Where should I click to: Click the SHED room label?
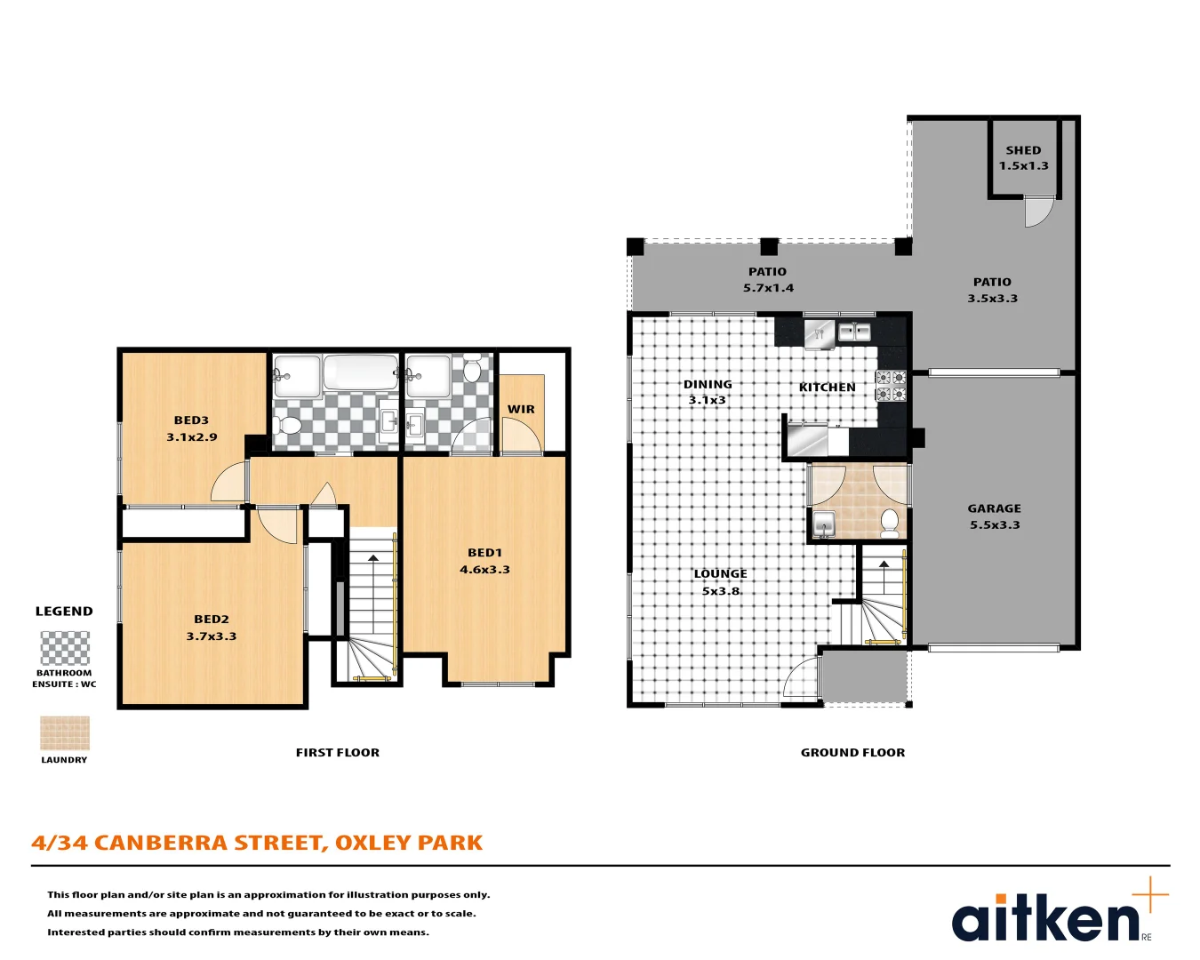(x=1023, y=150)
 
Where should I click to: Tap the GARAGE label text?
(x=994, y=508)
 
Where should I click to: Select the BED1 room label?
(x=484, y=553)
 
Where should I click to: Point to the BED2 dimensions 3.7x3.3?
(x=212, y=636)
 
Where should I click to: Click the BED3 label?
(x=191, y=420)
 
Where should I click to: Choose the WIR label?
(x=521, y=410)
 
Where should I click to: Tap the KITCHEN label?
(x=827, y=388)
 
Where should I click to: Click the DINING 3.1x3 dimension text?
(x=708, y=400)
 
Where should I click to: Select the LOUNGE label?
(x=720, y=574)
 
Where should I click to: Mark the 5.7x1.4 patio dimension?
(x=768, y=288)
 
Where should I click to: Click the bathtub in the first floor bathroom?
(x=360, y=372)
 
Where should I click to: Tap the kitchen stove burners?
(x=891, y=386)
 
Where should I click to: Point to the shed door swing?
(x=1036, y=212)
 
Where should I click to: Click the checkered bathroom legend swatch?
(x=65, y=648)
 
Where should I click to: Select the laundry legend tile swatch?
(x=65, y=733)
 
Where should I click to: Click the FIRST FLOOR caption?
(x=337, y=753)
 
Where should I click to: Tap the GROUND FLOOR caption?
(x=852, y=753)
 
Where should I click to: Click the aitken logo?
(x=1047, y=919)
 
